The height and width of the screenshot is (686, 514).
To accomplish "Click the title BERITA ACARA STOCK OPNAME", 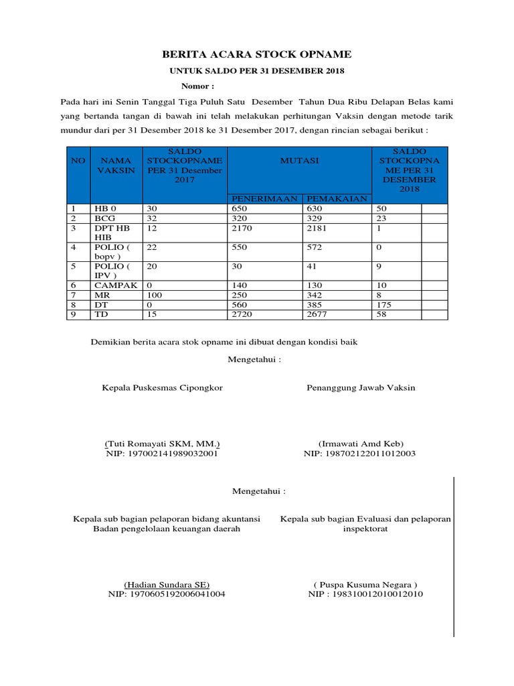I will (x=258, y=55).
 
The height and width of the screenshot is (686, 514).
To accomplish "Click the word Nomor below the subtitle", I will (x=197, y=86).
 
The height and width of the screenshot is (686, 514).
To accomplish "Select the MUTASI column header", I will (x=299, y=161).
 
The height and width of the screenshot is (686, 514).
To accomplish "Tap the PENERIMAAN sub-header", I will (x=265, y=198).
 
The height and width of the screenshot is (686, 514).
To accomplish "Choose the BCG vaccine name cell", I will (x=104, y=219).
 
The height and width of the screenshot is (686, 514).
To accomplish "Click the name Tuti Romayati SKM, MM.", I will (x=163, y=443).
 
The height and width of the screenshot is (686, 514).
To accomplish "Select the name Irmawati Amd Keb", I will (x=361, y=443).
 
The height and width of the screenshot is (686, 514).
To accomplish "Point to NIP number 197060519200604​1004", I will (x=166, y=594).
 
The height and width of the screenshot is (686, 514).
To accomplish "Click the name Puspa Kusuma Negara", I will (x=365, y=584).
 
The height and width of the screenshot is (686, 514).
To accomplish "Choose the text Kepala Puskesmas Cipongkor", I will (x=162, y=387).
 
